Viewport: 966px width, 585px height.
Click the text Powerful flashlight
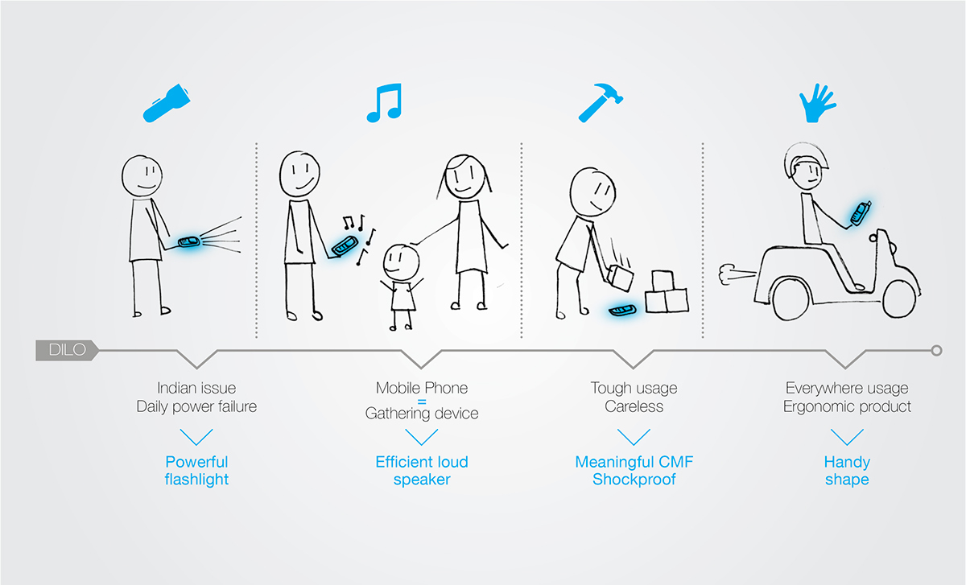196,471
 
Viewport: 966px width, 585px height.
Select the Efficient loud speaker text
422,471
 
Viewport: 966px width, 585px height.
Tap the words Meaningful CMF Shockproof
634,471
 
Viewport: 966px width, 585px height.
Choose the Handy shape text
846,471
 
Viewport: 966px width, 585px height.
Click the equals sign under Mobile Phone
421,401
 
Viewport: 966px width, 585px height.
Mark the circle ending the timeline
935,350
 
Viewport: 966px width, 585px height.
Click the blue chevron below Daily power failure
196,437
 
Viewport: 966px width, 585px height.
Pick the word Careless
634,406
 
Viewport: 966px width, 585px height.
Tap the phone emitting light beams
190,242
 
